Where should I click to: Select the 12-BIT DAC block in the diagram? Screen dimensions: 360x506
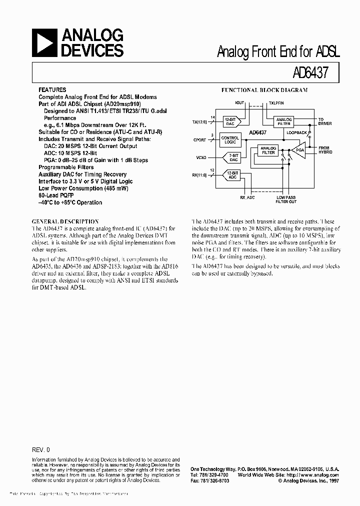pos(230,121)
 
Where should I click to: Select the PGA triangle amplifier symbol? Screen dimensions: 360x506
pos(299,150)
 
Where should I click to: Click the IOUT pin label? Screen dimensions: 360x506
pos(239,102)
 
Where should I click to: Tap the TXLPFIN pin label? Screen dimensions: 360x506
pos(276,102)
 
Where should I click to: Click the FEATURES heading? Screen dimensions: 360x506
pos(52,90)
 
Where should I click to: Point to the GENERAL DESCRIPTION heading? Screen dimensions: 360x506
pos(65,221)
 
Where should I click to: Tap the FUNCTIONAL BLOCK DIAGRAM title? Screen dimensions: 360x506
pos(264,90)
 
